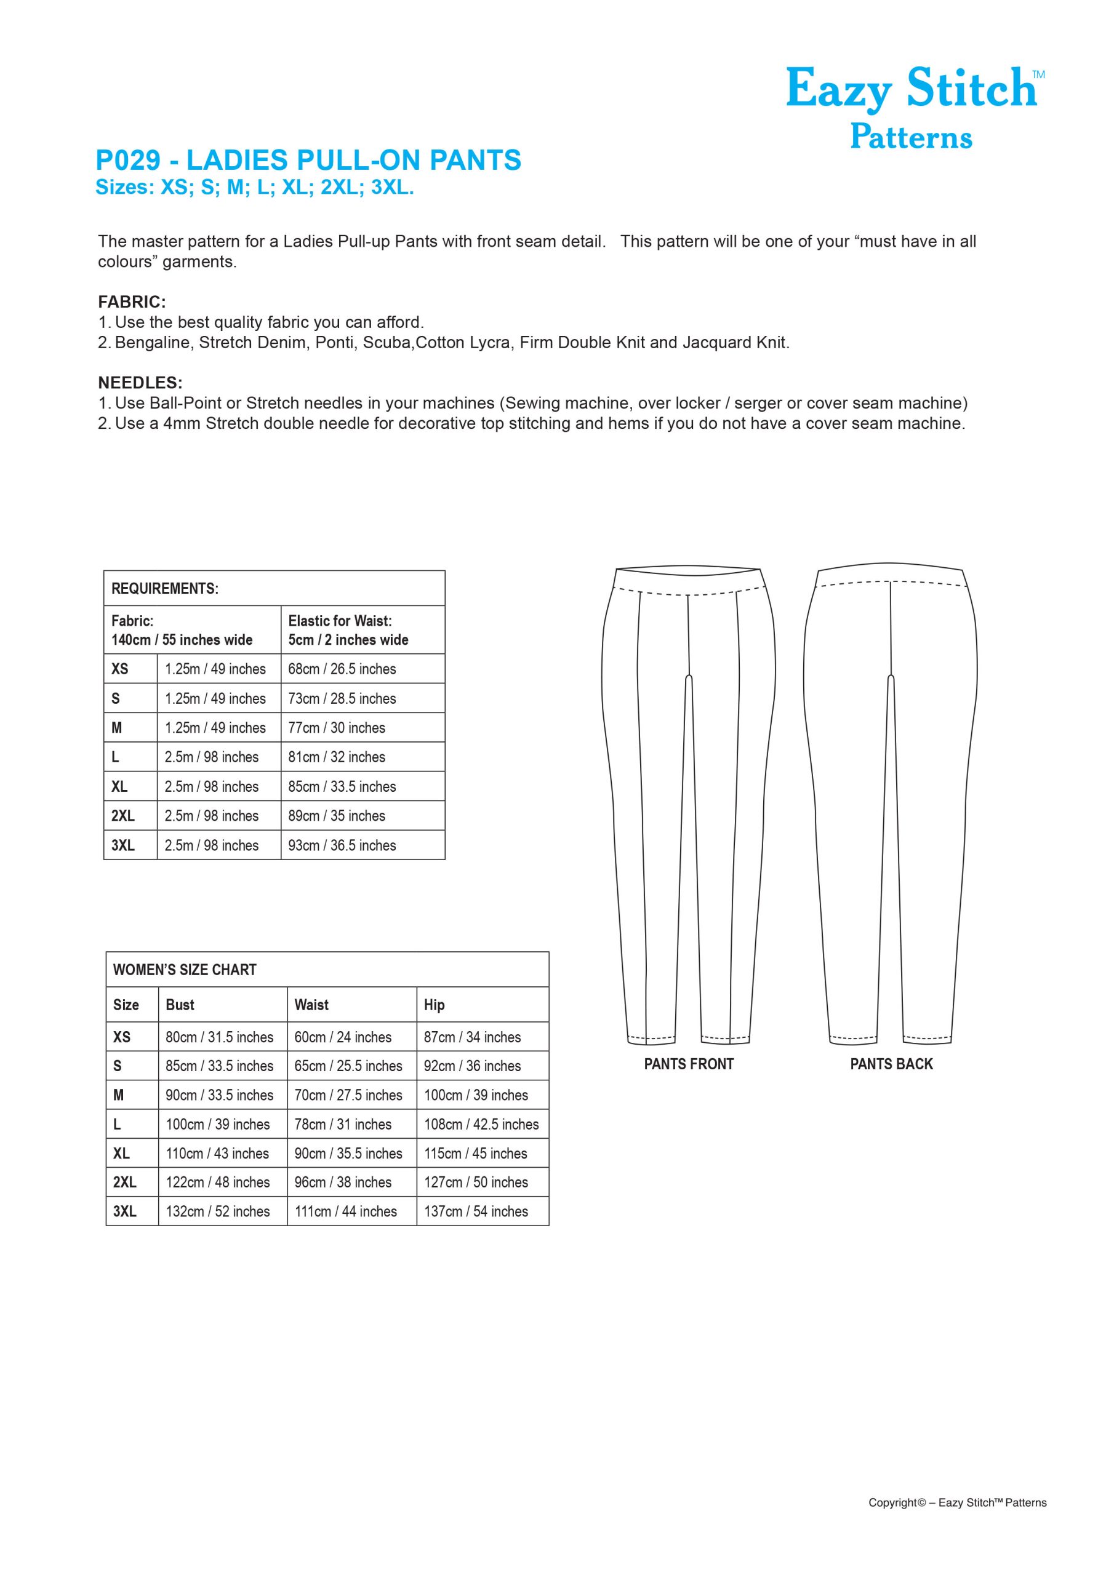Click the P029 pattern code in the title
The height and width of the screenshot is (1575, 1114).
click(x=127, y=160)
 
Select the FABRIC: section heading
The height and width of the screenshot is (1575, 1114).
click(x=132, y=302)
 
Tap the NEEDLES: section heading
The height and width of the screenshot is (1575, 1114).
click(x=140, y=383)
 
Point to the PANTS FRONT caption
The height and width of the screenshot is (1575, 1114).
click(x=689, y=1064)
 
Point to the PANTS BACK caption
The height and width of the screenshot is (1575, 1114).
click(x=891, y=1064)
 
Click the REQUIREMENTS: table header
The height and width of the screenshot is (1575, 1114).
click(x=165, y=589)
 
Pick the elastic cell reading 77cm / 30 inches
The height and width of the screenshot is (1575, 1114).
click(x=336, y=728)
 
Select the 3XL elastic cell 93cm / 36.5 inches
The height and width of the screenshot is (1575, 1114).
click(x=342, y=845)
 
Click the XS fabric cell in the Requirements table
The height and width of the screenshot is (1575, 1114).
click(x=215, y=669)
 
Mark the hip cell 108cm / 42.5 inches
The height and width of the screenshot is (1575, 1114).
click(x=481, y=1124)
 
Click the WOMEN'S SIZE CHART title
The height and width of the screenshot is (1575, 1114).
click(x=184, y=970)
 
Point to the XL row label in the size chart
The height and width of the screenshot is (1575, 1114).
click(x=121, y=1153)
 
